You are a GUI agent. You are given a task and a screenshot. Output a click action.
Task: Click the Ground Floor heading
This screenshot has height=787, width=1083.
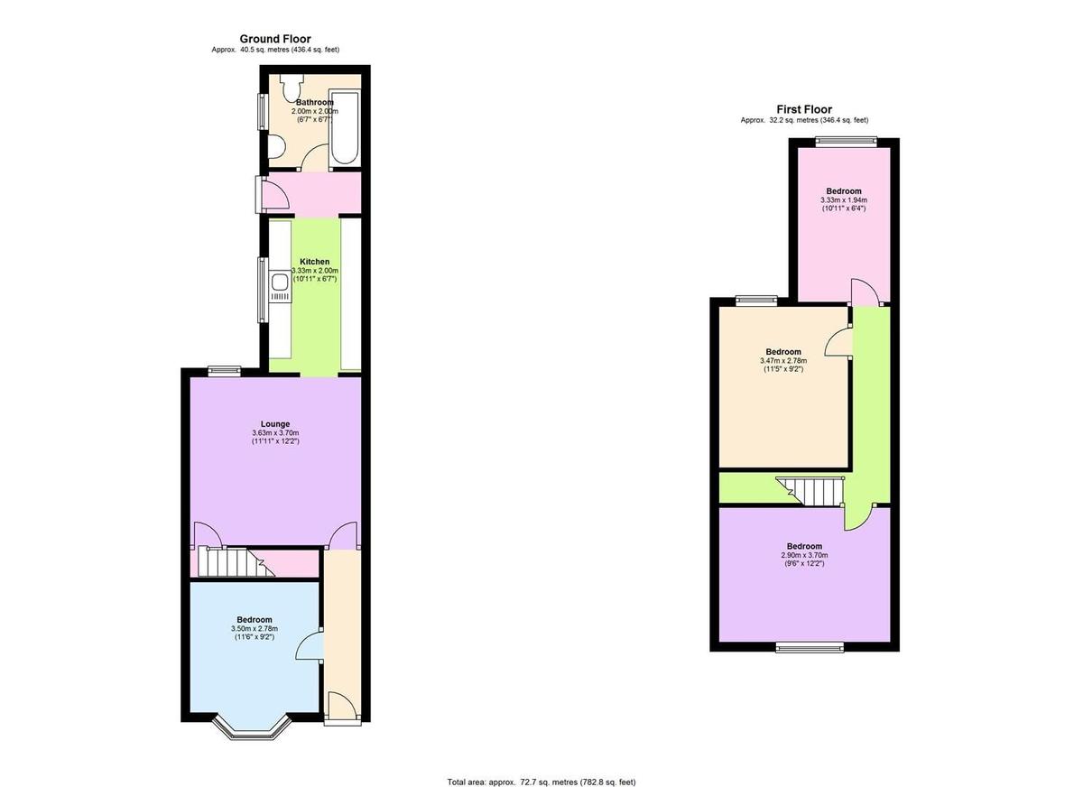click(275, 39)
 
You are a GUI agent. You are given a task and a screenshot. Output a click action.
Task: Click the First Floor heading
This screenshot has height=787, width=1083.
click(804, 109)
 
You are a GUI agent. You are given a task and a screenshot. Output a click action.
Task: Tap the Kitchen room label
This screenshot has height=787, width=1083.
click(315, 262)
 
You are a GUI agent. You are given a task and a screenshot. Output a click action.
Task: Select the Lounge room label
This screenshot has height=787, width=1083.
click(275, 424)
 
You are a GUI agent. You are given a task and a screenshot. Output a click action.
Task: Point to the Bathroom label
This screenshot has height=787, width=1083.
click(315, 103)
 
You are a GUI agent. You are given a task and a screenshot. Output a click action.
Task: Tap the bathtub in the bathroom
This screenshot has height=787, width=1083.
click(345, 126)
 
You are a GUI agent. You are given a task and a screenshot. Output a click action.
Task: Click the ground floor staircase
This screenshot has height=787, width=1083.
click(230, 563)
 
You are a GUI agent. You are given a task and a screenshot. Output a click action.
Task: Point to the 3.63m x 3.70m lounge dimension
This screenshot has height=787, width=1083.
click(275, 434)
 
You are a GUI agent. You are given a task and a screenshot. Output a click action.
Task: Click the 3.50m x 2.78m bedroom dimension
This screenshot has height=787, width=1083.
click(255, 629)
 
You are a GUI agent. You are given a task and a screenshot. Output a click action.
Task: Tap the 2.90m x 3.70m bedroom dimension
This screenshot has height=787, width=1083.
click(804, 555)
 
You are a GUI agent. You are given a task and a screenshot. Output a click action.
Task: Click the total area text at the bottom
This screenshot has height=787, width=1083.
click(541, 782)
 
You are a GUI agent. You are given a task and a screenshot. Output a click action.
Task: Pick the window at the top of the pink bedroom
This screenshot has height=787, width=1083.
click(847, 139)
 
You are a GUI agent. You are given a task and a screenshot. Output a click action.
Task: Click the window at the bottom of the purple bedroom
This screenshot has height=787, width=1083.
click(810, 645)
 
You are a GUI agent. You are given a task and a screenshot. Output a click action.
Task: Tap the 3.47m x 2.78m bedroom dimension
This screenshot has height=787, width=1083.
click(783, 361)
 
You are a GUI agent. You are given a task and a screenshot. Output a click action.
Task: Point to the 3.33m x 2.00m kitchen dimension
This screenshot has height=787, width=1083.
click(315, 271)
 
